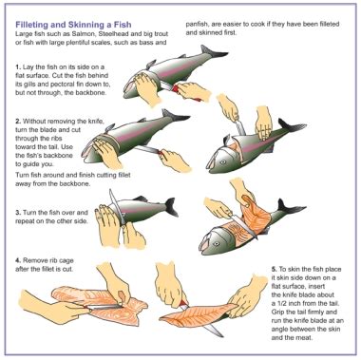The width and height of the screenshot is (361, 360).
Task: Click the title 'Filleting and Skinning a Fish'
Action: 73,25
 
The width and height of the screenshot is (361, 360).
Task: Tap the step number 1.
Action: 18,67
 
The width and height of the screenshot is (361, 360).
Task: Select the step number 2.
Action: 18,122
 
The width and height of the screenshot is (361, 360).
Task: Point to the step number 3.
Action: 18,213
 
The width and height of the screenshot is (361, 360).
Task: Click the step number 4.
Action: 18,260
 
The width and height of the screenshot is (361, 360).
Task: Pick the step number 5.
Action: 274,269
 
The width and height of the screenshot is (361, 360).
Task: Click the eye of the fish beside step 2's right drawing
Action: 223,161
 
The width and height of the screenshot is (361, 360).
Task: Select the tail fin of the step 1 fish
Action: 213,52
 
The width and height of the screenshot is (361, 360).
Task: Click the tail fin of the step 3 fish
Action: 171,206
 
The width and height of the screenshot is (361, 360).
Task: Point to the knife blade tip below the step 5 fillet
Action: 222,335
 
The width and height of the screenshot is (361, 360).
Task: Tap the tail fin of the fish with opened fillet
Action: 290,208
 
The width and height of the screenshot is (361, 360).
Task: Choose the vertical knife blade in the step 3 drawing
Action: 117,207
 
